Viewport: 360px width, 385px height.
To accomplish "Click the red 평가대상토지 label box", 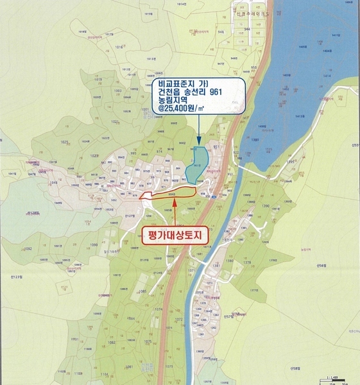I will [x=175, y=235].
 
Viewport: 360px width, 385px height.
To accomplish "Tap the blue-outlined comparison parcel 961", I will [x=198, y=163].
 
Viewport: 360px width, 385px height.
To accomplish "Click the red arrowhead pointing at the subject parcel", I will [x=175, y=201].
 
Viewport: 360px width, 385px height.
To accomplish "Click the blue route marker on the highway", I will [x=212, y=198].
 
